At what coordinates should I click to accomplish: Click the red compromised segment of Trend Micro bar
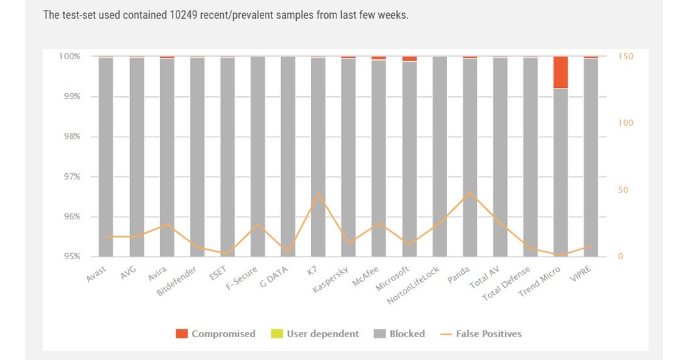560,72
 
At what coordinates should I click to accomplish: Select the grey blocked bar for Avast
106,156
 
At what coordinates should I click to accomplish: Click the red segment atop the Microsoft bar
409,59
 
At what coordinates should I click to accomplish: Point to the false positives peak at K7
318,194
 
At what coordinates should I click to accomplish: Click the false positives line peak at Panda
469,193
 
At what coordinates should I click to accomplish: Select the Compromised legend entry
215,334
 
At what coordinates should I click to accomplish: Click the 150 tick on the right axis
626,57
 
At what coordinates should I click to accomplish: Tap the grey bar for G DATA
288,156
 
